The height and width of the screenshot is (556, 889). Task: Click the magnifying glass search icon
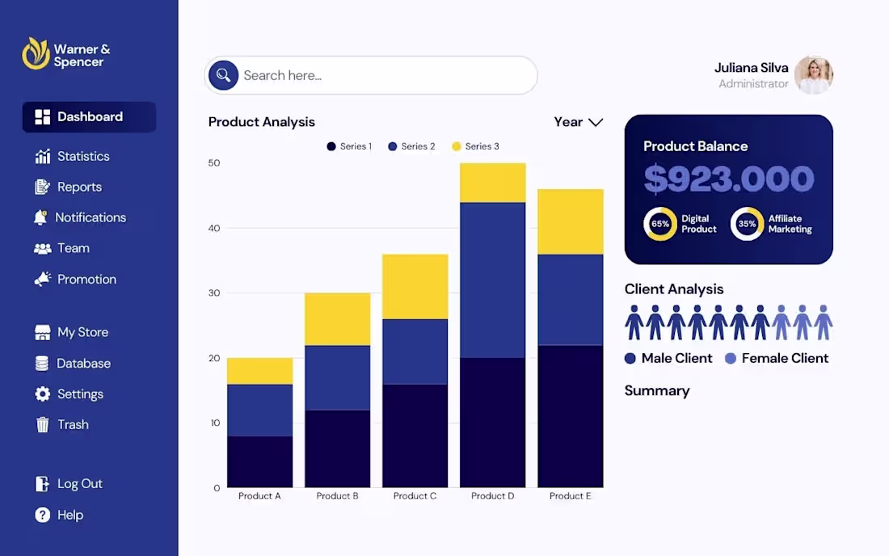click(x=223, y=75)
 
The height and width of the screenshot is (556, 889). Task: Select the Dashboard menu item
click(x=89, y=116)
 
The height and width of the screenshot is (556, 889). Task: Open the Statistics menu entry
click(x=72, y=157)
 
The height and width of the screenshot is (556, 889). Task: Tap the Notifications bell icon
click(x=40, y=217)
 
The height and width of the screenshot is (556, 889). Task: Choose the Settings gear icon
click(x=43, y=394)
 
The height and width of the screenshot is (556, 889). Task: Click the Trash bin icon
click(x=43, y=424)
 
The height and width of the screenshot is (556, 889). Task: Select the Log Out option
click(x=69, y=483)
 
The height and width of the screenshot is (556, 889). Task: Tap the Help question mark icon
click(x=43, y=515)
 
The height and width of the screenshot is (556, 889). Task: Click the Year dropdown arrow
click(x=596, y=122)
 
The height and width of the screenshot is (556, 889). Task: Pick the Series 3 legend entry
click(x=476, y=146)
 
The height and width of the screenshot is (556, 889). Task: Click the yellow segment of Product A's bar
click(x=259, y=371)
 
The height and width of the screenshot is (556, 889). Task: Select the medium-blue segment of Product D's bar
click(x=493, y=280)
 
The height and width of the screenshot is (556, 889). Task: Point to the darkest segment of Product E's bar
click(x=571, y=416)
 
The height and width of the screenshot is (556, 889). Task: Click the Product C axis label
click(x=415, y=496)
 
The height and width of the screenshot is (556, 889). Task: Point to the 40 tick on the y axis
click(x=213, y=229)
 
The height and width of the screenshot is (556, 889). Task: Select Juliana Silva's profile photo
click(x=814, y=75)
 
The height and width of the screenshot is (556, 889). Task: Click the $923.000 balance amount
click(x=728, y=179)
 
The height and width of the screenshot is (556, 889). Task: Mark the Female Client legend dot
click(x=731, y=359)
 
